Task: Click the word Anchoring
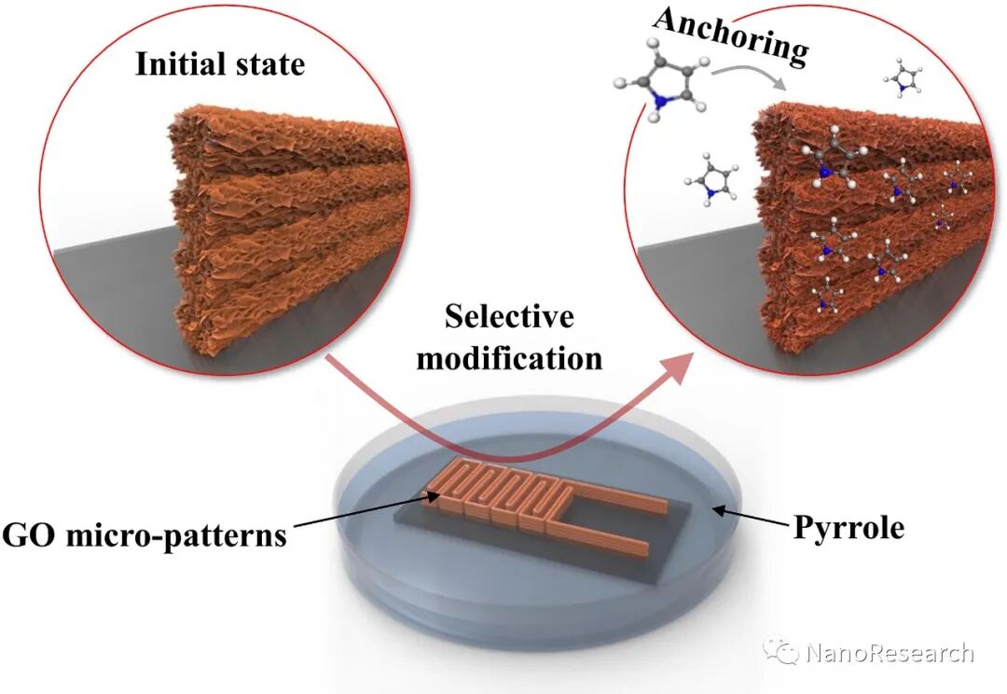click(x=730, y=38)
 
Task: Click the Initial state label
click(x=220, y=64)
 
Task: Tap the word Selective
click(x=508, y=317)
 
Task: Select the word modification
click(x=508, y=357)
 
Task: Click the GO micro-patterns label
click(x=144, y=536)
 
